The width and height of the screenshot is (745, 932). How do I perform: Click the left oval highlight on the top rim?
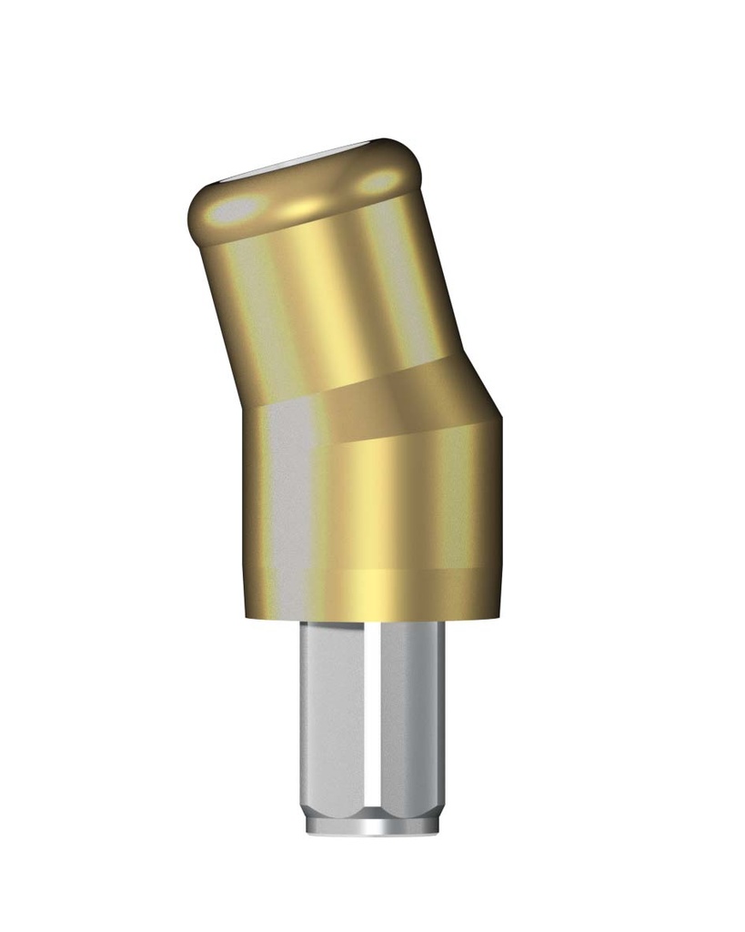click(235, 208)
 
